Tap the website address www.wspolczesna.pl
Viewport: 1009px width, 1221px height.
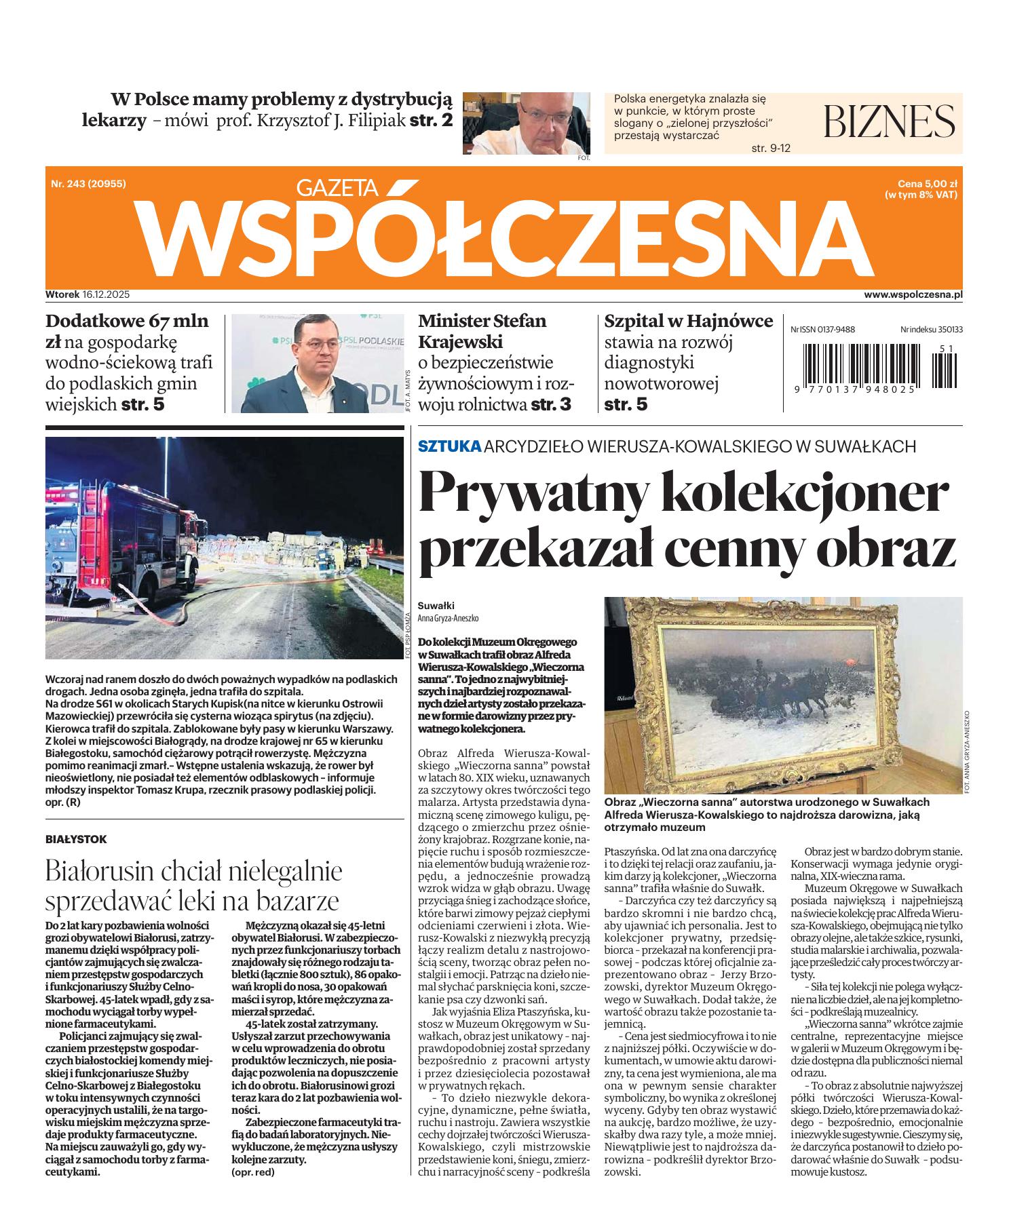point(913,295)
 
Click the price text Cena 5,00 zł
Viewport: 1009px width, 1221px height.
point(927,184)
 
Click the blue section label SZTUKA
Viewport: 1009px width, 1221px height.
point(449,446)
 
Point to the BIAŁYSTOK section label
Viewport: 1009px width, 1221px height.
point(76,839)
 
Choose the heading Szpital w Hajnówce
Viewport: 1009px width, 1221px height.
point(688,321)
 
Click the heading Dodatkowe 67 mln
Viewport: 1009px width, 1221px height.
point(127,321)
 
